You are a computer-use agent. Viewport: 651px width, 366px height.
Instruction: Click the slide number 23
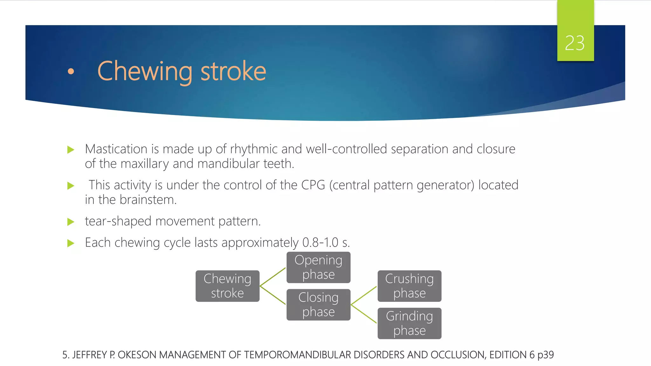(x=575, y=43)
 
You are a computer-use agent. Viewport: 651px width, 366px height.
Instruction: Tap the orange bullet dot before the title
(x=71, y=71)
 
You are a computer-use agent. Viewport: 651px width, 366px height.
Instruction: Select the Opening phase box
(x=318, y=267)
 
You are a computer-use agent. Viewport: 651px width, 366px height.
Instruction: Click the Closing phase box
(x=318, y=304)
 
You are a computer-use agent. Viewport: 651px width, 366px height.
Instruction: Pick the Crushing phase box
(x=409, y=286)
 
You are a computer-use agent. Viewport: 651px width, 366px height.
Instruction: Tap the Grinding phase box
(x=409, y=323)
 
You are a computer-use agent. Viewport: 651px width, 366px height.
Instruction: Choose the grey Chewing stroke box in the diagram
(x=227, y=286)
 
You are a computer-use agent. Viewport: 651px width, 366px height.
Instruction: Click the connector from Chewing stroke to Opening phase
(x=273, y=277)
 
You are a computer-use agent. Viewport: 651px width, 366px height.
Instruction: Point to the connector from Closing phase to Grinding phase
(x=364, y=314)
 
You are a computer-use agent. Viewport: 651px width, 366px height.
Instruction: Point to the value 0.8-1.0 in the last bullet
(x=320, y=243)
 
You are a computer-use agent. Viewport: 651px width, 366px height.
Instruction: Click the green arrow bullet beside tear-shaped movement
(x=71, y=222)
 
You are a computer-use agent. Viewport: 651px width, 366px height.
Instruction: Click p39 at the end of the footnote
(x=545, y=355)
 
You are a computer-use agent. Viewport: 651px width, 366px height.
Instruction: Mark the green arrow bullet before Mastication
(x=71, y=150)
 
